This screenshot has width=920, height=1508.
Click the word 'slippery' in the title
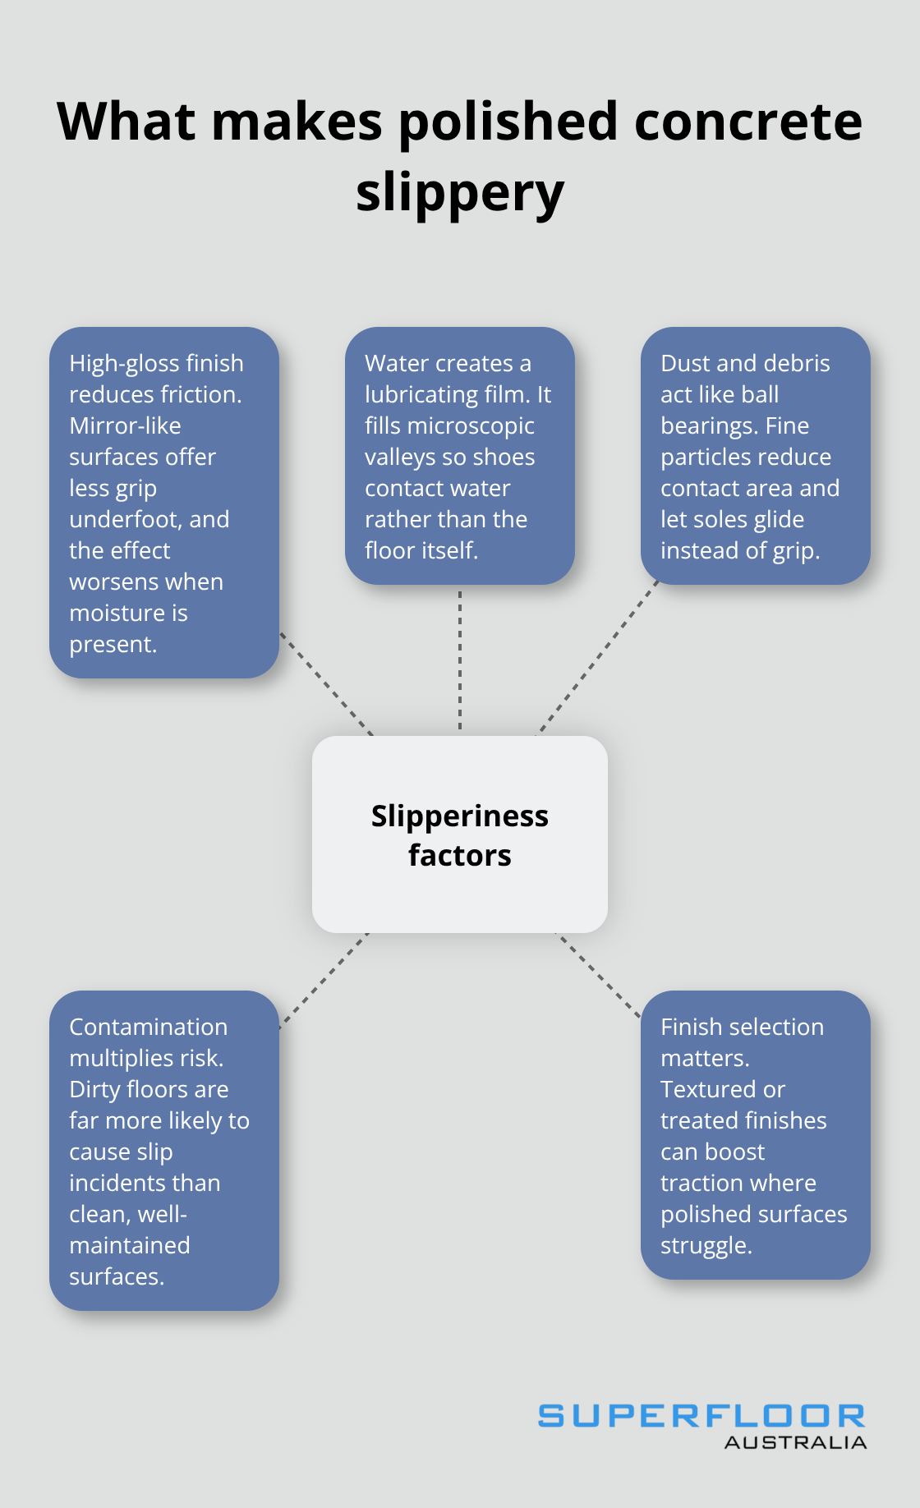coord(459,193)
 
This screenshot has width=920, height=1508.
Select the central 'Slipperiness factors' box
coord(459,834)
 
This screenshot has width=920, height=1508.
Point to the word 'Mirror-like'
coord(125,426)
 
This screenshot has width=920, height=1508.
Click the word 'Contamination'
coord(148,1028)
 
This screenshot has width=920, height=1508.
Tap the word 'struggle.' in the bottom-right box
coord(706,1246)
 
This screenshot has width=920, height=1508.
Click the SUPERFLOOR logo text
coord(701,1416)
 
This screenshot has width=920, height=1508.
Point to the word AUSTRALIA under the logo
coord(795,1443)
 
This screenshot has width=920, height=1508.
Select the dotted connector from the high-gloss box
coord(326,684)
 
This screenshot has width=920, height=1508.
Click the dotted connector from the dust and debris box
coord(597,658)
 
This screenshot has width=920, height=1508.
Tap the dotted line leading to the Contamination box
coord(324,979)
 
